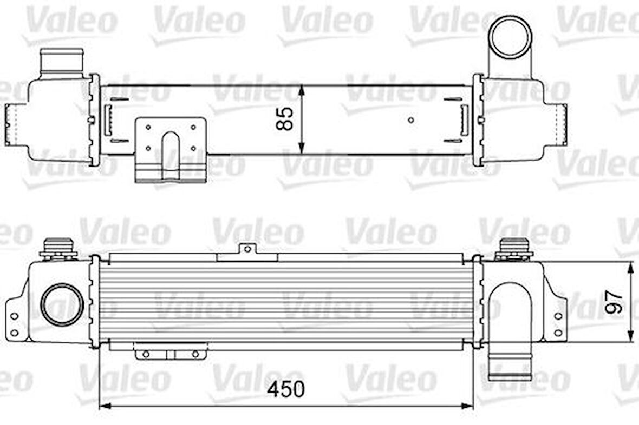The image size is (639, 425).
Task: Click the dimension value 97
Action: (614, 301)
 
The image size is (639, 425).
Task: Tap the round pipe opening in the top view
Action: (511, 37)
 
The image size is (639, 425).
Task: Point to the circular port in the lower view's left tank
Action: (62, 304)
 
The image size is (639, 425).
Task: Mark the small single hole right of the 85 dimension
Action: (411, 119)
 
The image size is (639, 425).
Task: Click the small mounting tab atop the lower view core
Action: (247, 249)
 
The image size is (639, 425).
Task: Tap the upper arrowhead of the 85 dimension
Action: (302, 90)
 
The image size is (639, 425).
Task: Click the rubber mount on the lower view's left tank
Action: (58, 248)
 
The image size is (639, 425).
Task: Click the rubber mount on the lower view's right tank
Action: (513, 248)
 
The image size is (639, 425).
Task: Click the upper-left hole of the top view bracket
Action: (148, 128)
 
